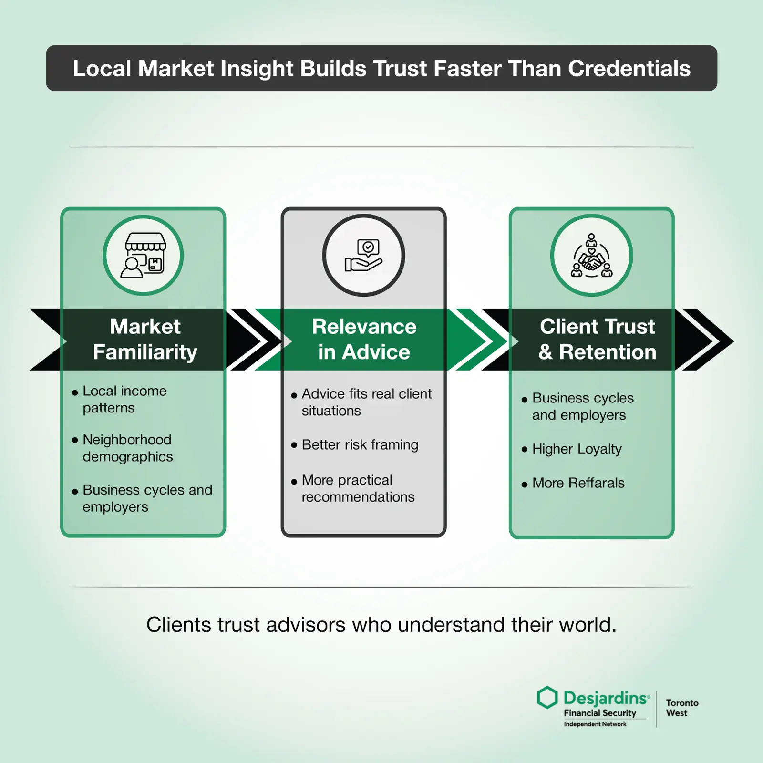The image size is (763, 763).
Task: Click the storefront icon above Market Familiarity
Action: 144,255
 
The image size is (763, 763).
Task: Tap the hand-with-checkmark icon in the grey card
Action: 363,255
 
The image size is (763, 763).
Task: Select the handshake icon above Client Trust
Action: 591,256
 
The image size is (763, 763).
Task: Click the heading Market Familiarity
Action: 145,339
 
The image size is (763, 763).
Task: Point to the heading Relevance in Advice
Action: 364,339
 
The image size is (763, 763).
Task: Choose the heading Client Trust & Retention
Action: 597,339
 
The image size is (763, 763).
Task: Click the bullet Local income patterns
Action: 124,400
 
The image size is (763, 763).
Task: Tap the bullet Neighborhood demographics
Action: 127,448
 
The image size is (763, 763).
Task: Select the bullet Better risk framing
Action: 360,444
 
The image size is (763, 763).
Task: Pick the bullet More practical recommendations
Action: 358,488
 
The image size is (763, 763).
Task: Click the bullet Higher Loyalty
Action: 577,449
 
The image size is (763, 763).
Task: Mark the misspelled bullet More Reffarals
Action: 578,483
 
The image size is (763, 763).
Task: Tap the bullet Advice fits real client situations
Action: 366,402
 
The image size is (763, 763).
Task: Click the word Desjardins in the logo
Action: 605,698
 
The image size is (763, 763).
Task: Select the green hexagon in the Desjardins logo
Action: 547,698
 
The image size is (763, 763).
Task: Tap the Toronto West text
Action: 682,708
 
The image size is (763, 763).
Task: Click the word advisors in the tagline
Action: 306,625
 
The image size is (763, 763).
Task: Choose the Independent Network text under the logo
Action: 595,724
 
